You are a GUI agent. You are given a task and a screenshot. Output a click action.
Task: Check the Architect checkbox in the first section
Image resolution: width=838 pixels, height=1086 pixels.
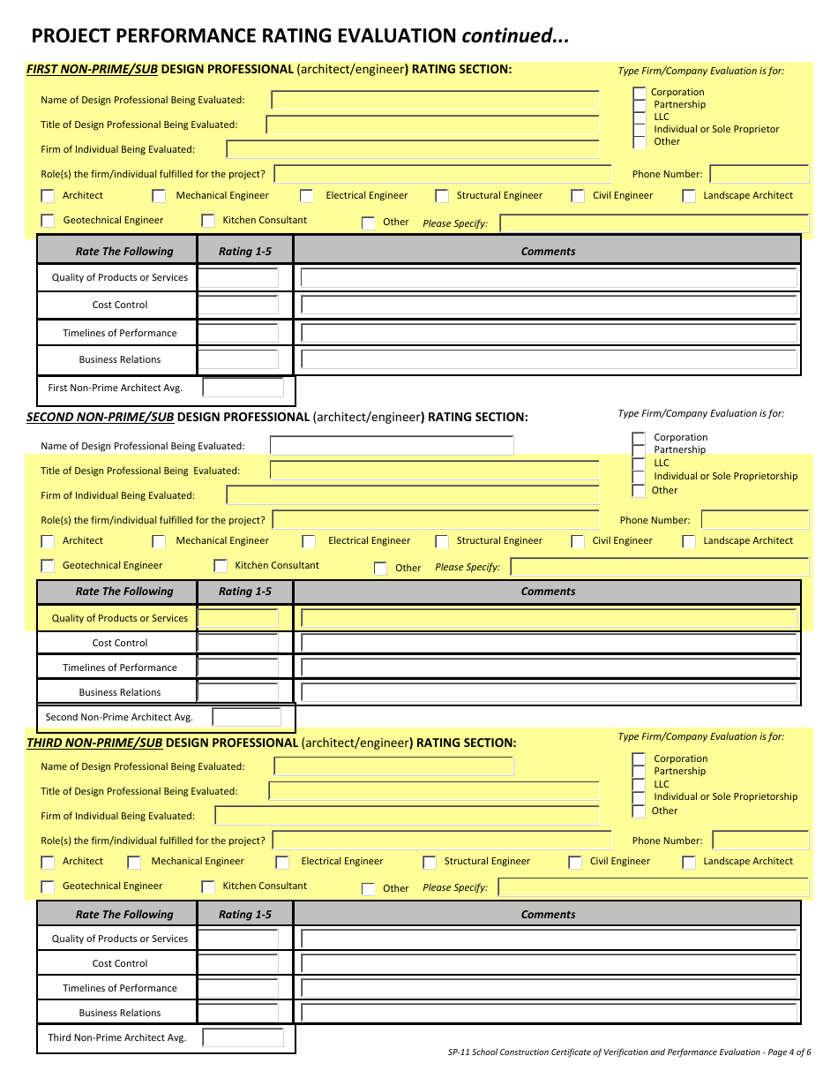(x=48, y=196)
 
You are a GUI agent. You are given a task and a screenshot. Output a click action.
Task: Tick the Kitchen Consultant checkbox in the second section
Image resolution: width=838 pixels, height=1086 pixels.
(x=221, y=566)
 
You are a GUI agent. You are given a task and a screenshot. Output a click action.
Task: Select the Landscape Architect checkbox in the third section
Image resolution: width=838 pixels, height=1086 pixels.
(x=689, y=862)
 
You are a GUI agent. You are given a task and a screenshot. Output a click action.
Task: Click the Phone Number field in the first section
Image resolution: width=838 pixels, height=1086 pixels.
(x=759, y=174)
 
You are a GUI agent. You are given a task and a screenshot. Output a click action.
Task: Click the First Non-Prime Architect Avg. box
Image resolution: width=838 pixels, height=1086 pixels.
(x=243, y=388)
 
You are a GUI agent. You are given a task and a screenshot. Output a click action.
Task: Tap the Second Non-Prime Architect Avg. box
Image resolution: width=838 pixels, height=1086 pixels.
(x=246, y=717)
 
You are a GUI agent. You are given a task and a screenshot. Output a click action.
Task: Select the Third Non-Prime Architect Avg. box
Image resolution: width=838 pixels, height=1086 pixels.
(x=243, y=1037)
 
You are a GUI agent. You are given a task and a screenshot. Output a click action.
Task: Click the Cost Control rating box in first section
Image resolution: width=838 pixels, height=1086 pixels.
(x=238, y=305)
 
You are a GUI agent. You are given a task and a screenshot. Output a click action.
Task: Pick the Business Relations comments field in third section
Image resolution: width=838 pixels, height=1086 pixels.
(x=549, y=1013)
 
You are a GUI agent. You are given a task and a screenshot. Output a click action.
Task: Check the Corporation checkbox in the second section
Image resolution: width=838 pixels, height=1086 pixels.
(x=639, y=438)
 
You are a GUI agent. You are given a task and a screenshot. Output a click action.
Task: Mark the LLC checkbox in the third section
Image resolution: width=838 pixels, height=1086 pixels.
(x=639, y=785)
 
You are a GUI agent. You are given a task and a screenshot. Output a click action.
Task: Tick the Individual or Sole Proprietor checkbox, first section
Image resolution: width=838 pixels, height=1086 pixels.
(x=640, y=130)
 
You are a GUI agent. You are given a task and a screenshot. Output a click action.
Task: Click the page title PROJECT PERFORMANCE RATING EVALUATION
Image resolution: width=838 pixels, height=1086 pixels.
(x=243, y=36)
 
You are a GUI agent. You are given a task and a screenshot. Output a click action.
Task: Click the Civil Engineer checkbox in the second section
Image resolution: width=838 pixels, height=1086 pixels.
(x=578, y=541)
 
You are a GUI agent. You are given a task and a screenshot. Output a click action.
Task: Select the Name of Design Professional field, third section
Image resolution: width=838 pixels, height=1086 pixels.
(x=393, y=766)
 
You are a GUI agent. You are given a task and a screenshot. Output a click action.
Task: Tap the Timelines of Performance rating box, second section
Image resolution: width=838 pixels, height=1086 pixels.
(x=238, y=667)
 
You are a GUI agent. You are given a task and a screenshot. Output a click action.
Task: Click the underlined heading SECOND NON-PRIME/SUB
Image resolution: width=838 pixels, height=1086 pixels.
(x=100, y=417)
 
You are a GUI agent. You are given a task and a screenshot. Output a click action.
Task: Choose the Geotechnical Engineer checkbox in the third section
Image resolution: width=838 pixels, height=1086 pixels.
(x=48, y=886)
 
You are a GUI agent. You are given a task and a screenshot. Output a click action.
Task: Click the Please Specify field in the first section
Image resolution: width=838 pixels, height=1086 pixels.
(x=654, y=223)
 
